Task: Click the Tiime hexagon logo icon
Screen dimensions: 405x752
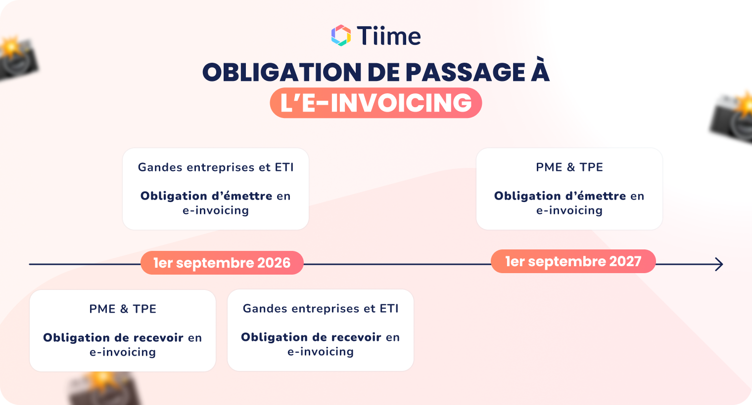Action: pos(341,36)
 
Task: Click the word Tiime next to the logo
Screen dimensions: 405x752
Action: pos(388,36)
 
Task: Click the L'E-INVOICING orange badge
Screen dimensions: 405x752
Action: pos(376,103)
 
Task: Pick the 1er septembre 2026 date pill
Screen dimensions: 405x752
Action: pos(222,263)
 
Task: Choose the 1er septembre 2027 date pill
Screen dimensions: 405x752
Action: pos(573,261)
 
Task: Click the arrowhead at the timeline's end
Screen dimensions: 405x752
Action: pos(719,264)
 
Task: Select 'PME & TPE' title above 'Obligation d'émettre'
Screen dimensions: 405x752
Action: pos(569,167)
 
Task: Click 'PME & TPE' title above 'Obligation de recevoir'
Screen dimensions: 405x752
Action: pos(123,309)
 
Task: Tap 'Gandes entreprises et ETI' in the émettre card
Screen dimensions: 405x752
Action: pos(216,167)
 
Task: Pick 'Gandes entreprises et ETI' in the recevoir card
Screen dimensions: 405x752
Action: pos(321,309)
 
